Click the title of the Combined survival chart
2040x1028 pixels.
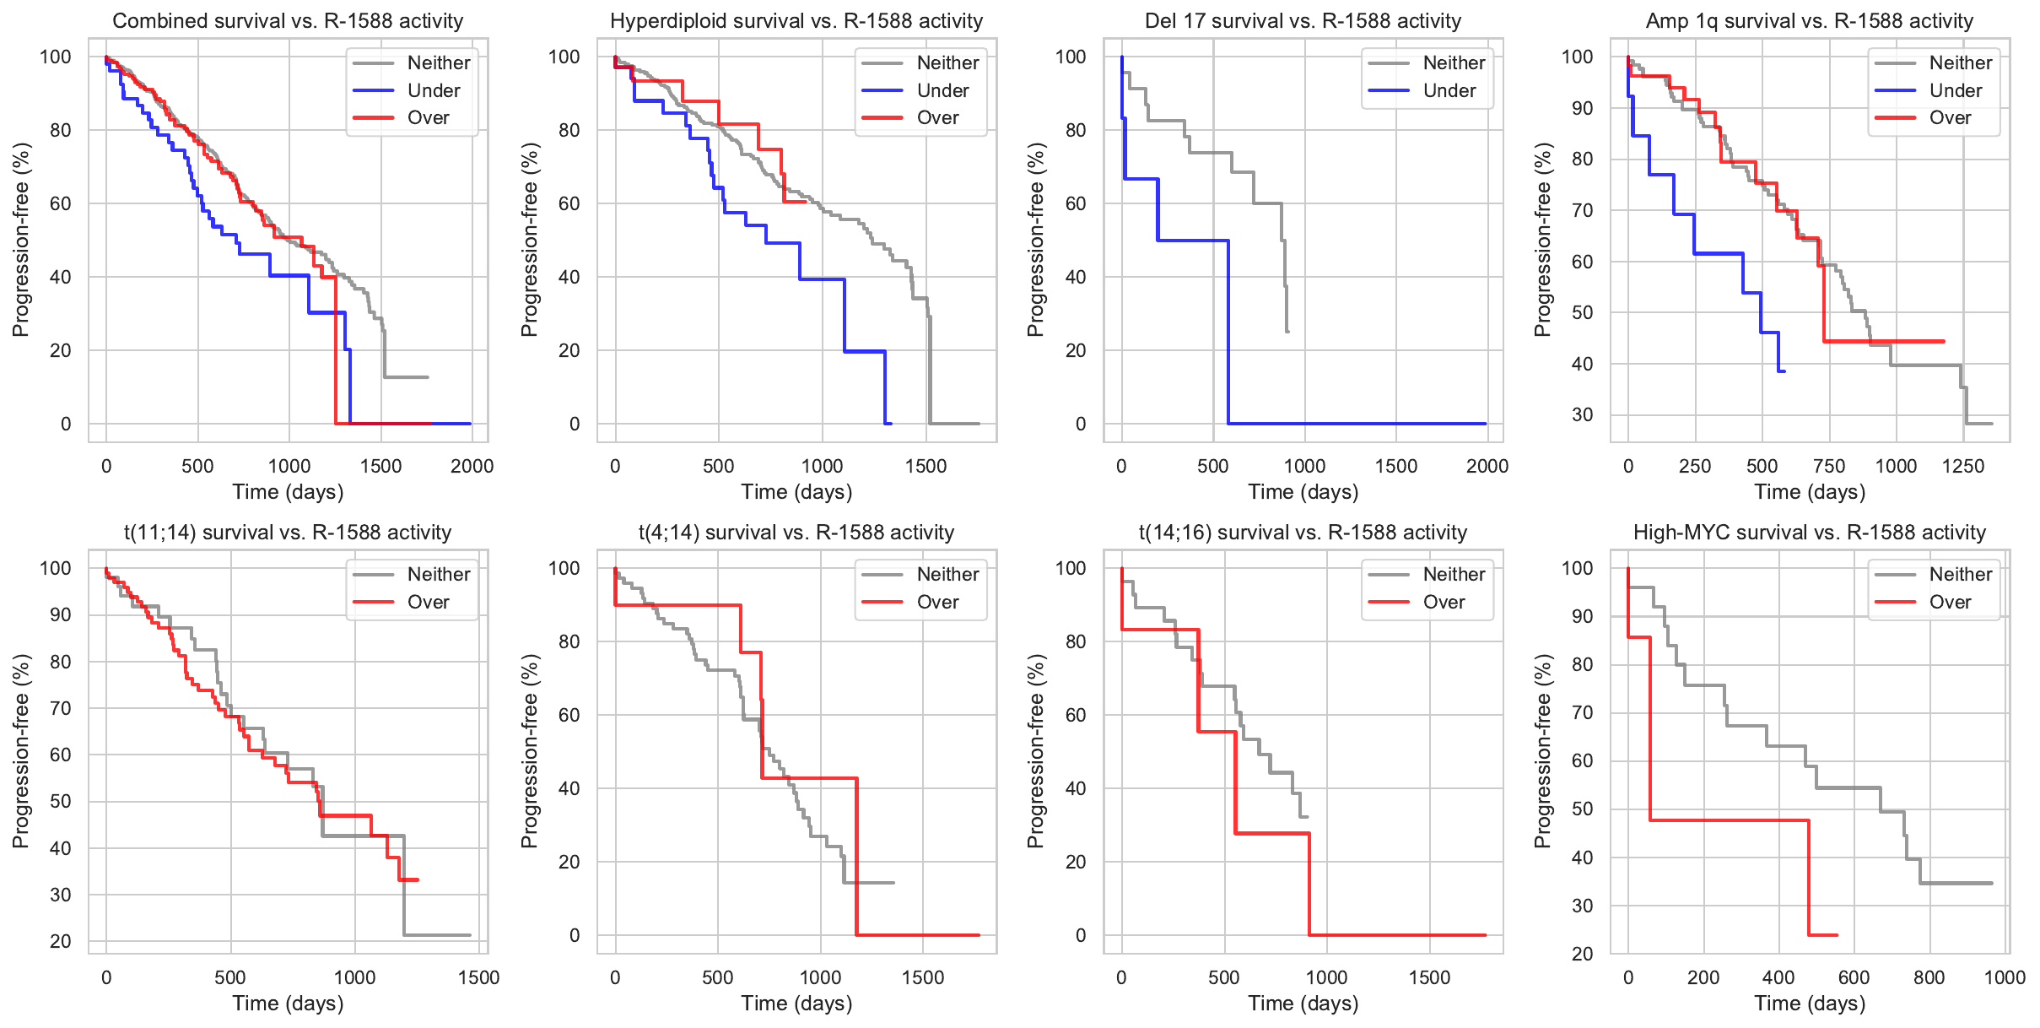point(288,21)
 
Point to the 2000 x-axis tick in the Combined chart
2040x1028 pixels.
point(472,466)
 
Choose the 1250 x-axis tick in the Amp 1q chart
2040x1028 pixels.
point(1963,466)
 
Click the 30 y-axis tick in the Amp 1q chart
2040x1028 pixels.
point(1582,414)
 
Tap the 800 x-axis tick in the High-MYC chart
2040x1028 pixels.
point(1929,977)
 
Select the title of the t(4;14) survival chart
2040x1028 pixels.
point(796,533)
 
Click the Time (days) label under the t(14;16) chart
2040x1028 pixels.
point(1303,1004)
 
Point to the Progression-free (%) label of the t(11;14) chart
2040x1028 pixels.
point(20,751)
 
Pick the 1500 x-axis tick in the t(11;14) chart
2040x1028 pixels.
point(478,977)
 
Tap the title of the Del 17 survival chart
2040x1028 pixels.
point(1303,21)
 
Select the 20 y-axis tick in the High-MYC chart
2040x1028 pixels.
point(1582,954)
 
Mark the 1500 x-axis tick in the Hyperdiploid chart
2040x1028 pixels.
point(926,466)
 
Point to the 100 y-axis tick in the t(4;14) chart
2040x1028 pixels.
point(564,568)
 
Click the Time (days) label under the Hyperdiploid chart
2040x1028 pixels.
point(796,492)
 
